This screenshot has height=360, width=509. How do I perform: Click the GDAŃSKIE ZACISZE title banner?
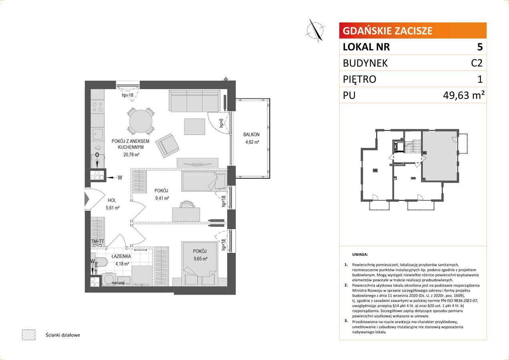(413, 30)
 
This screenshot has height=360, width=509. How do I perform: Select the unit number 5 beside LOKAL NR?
(480, 47)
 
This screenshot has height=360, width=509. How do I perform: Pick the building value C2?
(477, 63)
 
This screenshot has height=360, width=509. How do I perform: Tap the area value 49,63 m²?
(463, 95)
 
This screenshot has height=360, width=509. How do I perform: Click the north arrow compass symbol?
(315, 30)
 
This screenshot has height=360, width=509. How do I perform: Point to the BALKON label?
(252, 134)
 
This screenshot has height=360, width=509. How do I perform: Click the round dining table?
(141, 121)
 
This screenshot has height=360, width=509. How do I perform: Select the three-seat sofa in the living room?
(194, 101)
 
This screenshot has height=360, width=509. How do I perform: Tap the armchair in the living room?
(167, 146)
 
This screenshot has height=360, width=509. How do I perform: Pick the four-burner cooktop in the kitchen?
(98, 107)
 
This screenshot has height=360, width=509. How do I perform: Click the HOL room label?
(112, 200)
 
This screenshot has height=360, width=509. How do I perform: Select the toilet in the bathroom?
(101, 262)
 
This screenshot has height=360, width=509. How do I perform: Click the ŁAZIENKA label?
(121, 256)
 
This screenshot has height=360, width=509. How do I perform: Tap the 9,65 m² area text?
(200, 258)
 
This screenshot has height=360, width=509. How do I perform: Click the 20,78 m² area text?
(131, 154)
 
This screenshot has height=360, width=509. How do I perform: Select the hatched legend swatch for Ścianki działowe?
(29, 335)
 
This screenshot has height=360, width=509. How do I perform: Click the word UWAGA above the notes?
(360, 254)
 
